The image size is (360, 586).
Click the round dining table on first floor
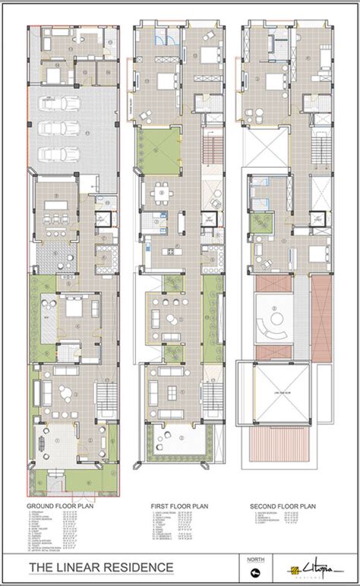(x=161, y=195)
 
